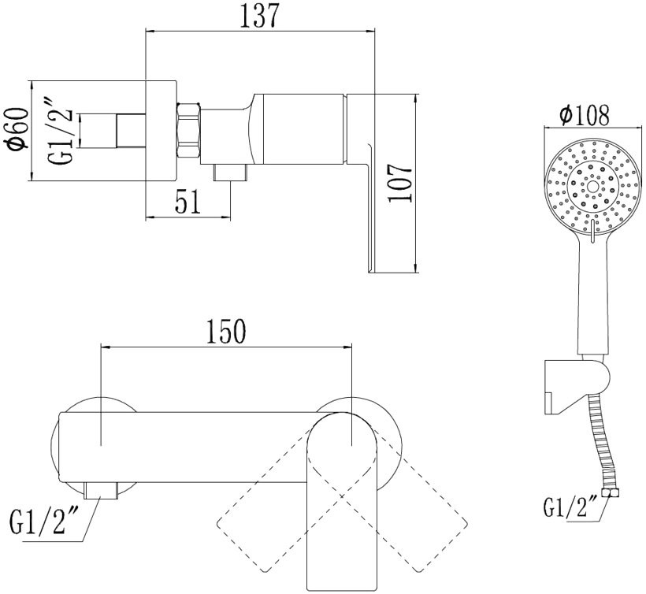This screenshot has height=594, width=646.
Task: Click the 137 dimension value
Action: coord(259,16)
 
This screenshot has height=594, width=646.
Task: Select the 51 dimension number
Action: coord(187,202)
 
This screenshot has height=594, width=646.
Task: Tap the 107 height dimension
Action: coord(399,184)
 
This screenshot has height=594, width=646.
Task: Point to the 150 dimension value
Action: coord(226,332)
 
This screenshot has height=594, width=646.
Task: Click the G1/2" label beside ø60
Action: coord(61,131)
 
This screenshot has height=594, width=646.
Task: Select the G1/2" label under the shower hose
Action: coord(570,507)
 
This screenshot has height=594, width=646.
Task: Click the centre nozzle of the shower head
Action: coord(592,187)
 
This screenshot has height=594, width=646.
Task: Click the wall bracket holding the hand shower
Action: coord(577,386)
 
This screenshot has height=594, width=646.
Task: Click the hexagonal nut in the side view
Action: coord(188,130)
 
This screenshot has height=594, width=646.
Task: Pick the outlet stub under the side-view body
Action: coord(229,173)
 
